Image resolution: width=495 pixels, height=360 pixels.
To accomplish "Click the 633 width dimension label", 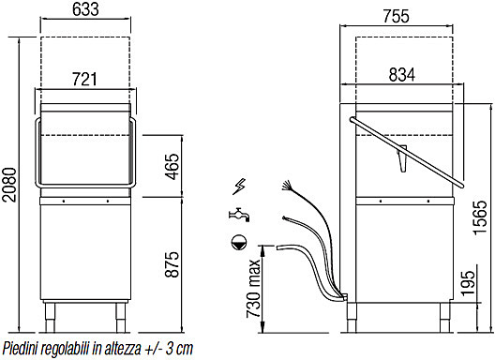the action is pos(85,9).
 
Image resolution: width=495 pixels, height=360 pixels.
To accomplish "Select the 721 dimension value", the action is pos(84,80).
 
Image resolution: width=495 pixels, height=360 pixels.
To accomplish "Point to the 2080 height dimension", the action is pos(9,185).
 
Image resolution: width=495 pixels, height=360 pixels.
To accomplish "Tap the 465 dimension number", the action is pos(172,167).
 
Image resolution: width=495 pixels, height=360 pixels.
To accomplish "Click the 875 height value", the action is pos(172,264).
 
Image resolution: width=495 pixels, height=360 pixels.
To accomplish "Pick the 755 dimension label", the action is pos(397,16).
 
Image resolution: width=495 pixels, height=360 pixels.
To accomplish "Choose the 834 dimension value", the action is pos(402,75).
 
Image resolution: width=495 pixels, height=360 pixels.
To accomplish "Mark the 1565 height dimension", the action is pos(481,217).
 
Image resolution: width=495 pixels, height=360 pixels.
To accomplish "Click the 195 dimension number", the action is pos(468,283).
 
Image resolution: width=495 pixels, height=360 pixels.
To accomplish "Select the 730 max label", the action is pos(254,289).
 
